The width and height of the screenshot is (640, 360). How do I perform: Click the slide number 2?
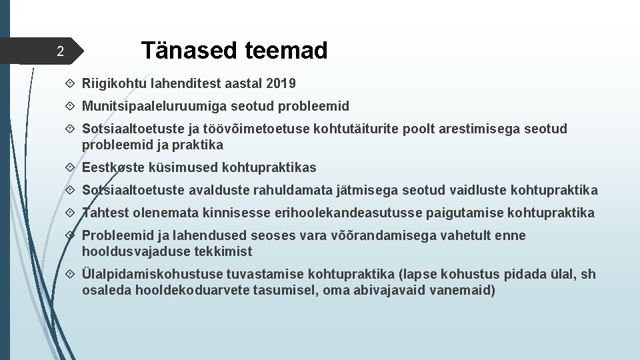(x=59, y=51)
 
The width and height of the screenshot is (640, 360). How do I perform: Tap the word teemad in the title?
(x=287, y=50)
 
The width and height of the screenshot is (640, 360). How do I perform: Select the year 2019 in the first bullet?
(x=281, y=84)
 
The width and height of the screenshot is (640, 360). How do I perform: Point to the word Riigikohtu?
(x=109, y=84)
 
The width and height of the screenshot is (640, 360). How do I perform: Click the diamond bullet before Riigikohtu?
(x=71, y=84)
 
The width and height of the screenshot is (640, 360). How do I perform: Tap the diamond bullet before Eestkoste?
(x=71, y=167)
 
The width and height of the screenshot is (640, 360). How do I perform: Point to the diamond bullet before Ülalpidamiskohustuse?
(x=71, y=275)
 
